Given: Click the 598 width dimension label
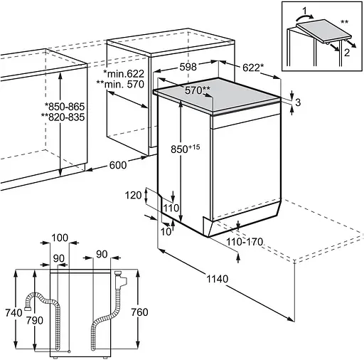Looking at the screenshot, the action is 188,67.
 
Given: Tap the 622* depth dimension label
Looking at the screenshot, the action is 253,68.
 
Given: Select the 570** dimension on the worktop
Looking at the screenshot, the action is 198,90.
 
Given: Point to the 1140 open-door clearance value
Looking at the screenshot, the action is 218,279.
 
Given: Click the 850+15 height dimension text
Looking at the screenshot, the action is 186,149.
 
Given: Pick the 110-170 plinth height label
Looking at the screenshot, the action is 245,242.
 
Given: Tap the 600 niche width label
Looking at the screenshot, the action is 118,165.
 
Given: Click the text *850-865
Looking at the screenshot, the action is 65,107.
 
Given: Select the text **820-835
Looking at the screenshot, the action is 63,117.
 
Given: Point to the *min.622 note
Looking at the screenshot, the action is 124,74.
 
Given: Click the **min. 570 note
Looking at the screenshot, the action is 120,84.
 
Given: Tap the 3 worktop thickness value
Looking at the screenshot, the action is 298,102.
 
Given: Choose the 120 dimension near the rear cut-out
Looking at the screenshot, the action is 133,196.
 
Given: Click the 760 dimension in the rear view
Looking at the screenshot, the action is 140,312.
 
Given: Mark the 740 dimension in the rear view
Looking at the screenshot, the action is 14,313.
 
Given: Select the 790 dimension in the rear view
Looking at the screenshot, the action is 35,321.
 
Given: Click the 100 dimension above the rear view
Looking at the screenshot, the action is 60,238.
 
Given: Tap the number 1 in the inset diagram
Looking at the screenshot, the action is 305,11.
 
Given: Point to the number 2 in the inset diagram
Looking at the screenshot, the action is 347,53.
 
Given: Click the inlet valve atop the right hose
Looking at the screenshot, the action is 121,280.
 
